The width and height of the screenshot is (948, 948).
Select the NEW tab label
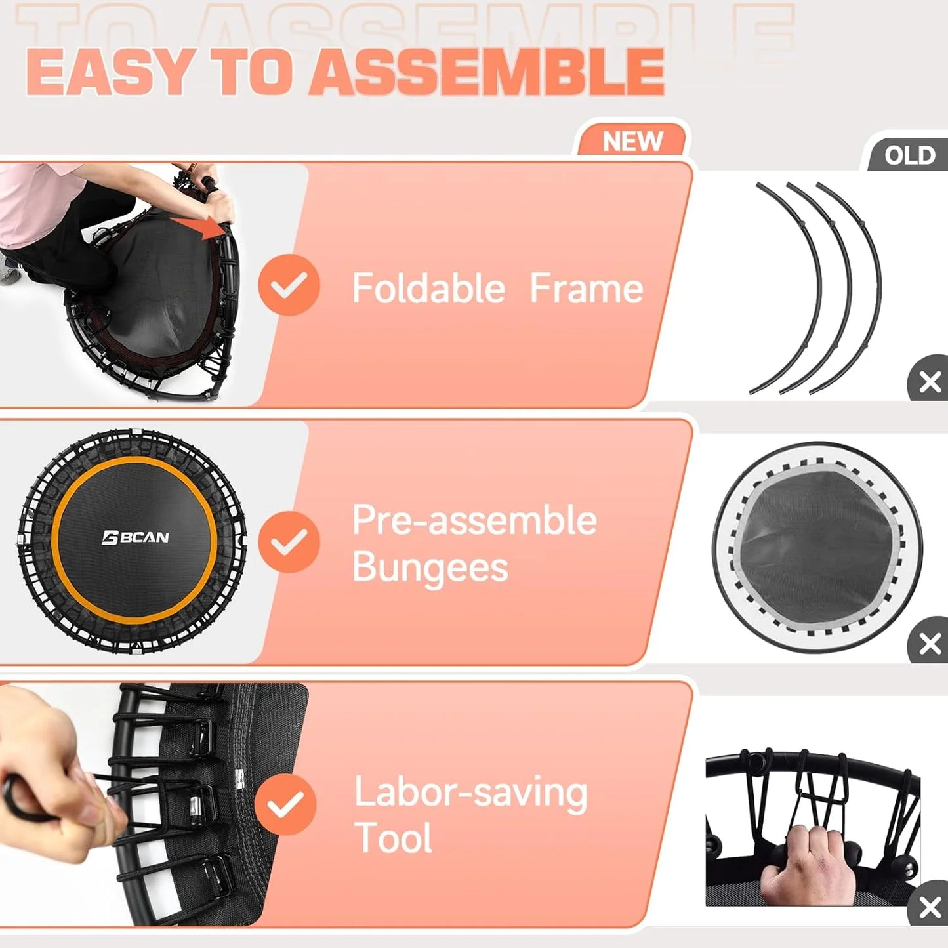coord(632,141)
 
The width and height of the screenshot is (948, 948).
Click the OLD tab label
coord(909,155)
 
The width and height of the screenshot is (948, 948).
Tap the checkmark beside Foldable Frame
coord(289,285)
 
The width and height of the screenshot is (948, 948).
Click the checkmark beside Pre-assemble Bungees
coord(289,542)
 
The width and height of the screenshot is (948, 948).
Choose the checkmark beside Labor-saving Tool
coord(285,804)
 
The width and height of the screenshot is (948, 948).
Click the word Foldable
coord(428,288)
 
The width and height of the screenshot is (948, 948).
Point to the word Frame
coord(586,288)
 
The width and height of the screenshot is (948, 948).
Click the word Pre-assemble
coord(474,520)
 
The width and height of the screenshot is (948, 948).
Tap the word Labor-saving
coord(470,792)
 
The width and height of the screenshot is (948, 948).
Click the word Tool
coord(393,838)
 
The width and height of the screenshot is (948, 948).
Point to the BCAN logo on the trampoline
coord(136,538)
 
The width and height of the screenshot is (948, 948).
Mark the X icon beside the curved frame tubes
coord(930,381)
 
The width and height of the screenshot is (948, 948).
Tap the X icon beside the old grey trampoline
coord(930,644)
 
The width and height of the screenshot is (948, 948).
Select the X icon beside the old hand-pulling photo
coord(930,909)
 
